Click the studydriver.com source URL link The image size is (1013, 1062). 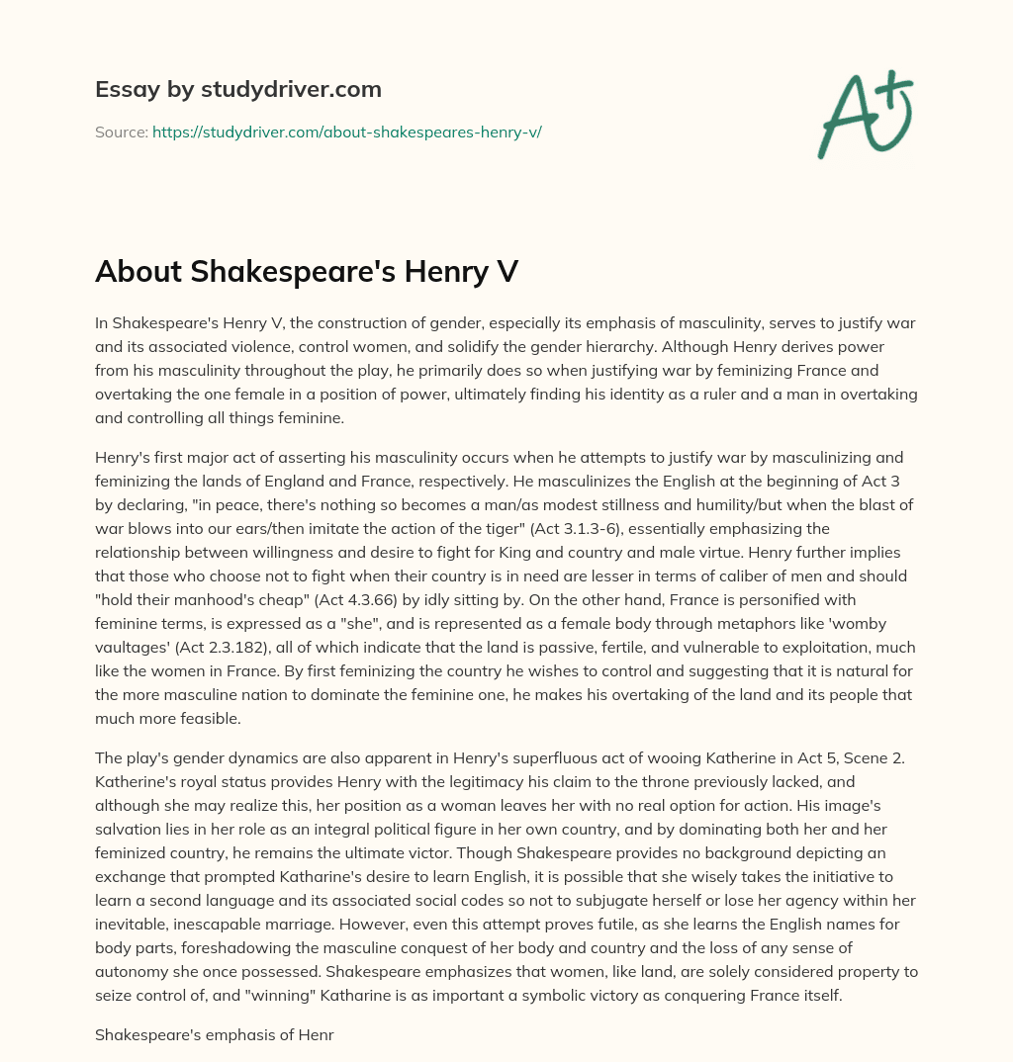(346, 132)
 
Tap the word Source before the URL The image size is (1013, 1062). (121, 132)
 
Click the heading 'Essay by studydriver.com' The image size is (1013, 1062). (238, 89)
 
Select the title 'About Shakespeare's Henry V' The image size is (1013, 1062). (307, 272)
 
